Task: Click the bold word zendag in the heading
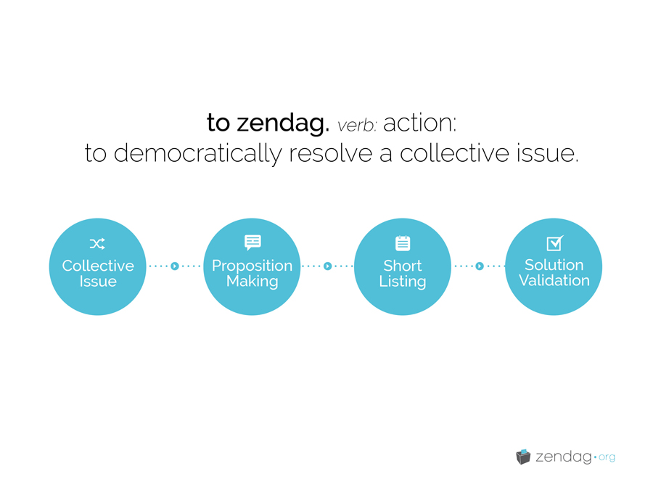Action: [283, 124]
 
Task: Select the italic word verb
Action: [357, 126]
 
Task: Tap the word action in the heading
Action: [420, 123]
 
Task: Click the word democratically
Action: [198, 154]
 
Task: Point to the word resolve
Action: [331, 153]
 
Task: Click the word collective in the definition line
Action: [454, 153]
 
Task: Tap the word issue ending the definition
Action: [548, 153]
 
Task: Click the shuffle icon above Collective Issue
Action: [97, 244]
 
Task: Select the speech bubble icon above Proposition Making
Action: [252, 242]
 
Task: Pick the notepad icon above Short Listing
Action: [403, 243]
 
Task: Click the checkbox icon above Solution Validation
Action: [555, 243]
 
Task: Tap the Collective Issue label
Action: [98, 274]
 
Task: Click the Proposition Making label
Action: [252, 274]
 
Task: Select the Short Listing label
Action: [403, 274]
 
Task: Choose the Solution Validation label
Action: [554, 272]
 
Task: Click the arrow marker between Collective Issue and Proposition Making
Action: [175, 266]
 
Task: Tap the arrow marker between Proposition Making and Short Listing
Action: [328, 266]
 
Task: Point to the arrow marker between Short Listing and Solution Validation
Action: [480, 266]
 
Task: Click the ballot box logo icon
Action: [523, 457]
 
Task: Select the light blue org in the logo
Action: [607, 457]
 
